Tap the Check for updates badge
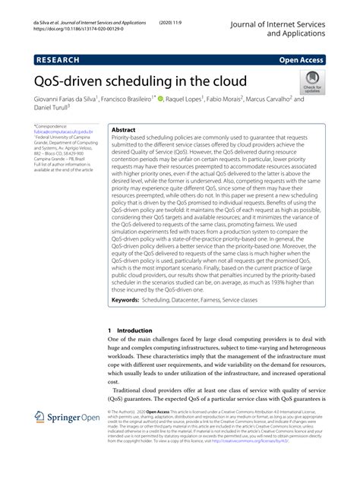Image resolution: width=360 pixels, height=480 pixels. pos(311,81)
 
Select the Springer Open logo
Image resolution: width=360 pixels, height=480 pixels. pos(68,438)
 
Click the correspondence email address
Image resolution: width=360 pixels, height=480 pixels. pos(62,131)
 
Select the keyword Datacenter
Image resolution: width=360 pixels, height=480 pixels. pos(194,301)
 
